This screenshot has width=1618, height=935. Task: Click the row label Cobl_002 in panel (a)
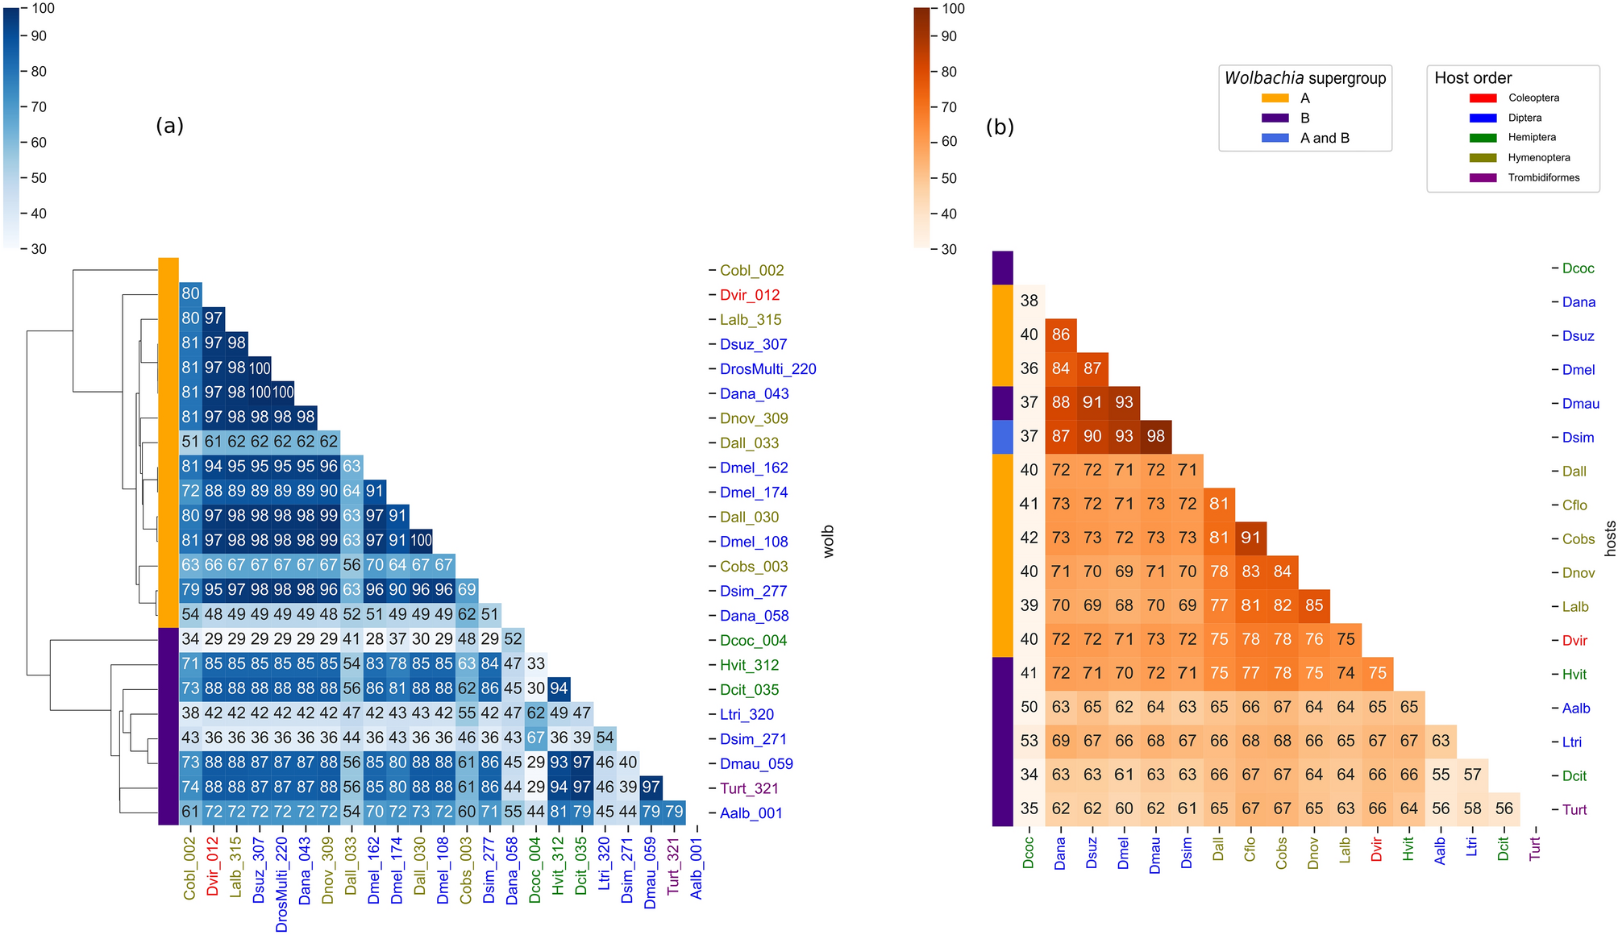click(x=751, y=271)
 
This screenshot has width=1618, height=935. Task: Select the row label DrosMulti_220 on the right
click(x=767, y=369)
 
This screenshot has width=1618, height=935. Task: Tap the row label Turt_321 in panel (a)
click(x=749, y=788)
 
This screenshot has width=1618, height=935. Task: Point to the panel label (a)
click(x=169, y=125)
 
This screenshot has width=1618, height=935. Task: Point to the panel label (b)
click(x=1000, y=127)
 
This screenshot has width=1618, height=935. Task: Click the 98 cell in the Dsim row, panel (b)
click(x=1155, y=436)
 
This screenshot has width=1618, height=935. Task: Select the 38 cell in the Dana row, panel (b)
click(x=1029, y=301)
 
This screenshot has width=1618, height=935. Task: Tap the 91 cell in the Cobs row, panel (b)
click(x=1250, y=538)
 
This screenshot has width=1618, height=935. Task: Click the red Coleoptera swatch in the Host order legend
click(x=1483, y=98)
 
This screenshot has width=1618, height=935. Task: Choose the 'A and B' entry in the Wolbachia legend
click(x=1324, y=138)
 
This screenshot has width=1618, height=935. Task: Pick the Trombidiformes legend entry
click(x=1543, y=177)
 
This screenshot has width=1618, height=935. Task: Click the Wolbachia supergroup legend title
click(x=1304, y=78)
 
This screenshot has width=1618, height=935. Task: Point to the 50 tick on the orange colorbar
click(x=949, y=178)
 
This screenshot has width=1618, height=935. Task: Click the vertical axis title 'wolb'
click(x=829, y=542)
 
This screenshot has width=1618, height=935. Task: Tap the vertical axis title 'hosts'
click(x=1610, y=538)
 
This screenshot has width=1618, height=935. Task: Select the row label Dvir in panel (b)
click(x=1574, y=641)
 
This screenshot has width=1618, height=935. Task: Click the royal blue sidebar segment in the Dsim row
click(x=1002, y=437)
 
